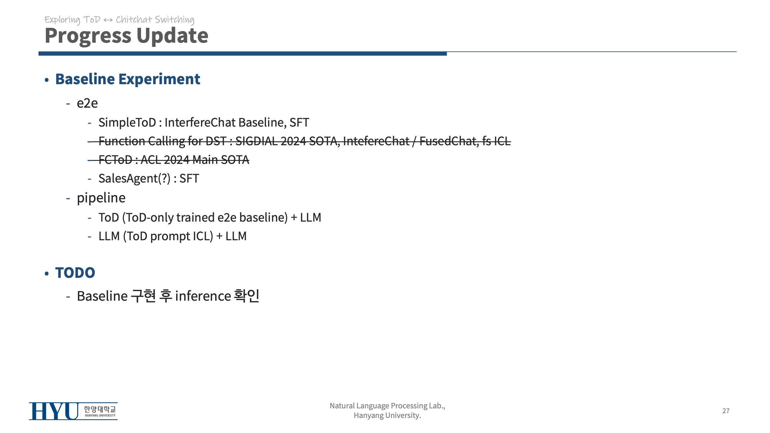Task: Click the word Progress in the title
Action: pyautogui.click(x=88, y=36)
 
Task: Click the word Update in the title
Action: pyautogui.click(x=172, y=35)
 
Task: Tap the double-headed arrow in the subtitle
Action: pyautogui.click(x=108, y=20)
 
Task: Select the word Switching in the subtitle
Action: pyautogui.click(x=174, y=20)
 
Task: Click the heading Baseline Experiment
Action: pyautogui.click(x=128, y=79)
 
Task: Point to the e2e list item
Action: pyautogui.click(x=87, y=103)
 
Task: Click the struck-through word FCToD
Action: pyautogui.click(x=115, y=160)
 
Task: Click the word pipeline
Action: pyautogui.click(x=101, y=198)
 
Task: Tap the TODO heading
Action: pyautogui.click(x=75, y=273)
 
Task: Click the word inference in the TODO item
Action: pyautogui.click(x=203, y=296)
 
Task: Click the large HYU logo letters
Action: pyautogui.click(x=54, y=411)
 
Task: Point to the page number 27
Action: pyautogui.click(x=726, y=411)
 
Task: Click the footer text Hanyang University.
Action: pyautogui.click(x=387, y=416)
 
